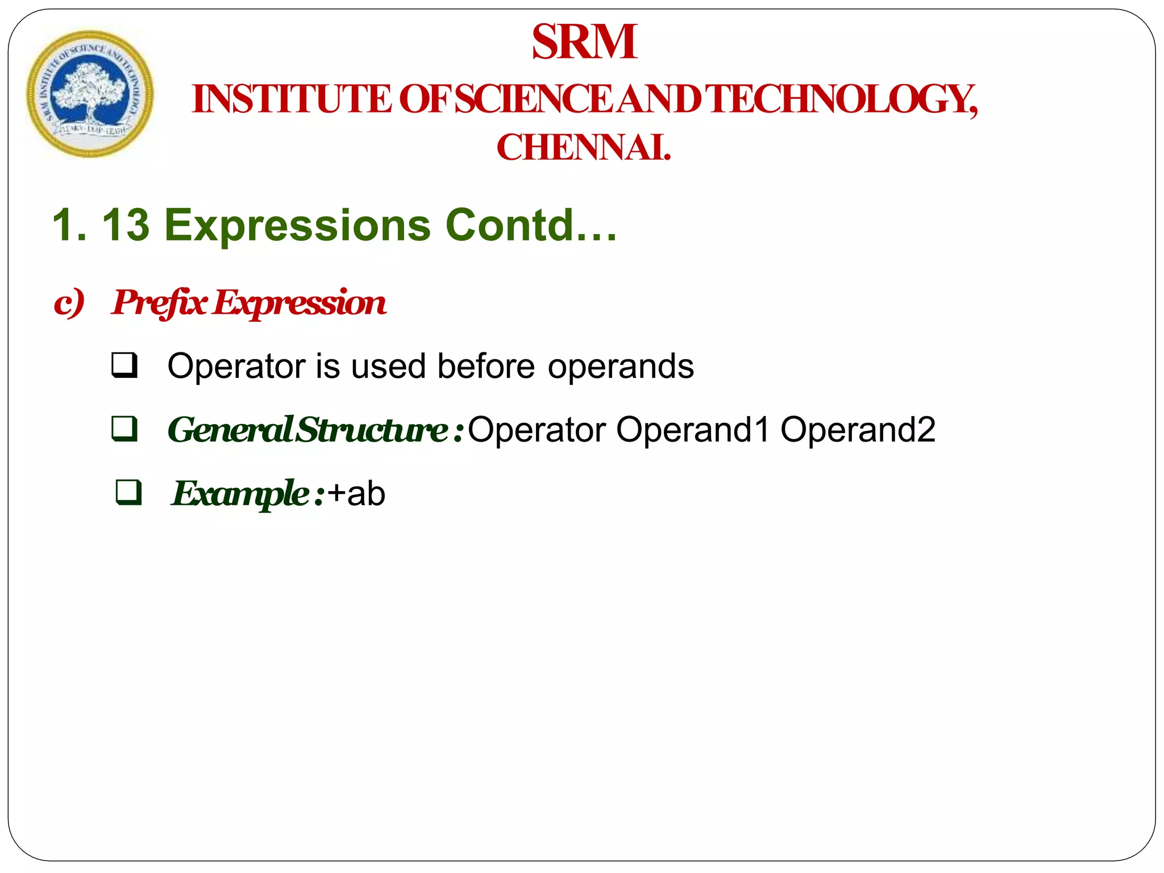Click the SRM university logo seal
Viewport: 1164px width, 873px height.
click(90, 94)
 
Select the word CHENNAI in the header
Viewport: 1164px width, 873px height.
click(583, 147)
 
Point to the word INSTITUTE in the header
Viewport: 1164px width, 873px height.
click(292, 99)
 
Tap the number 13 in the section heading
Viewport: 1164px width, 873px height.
click(126, 225)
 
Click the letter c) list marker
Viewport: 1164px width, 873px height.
click(69, 302)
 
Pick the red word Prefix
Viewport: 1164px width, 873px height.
click(159, 302)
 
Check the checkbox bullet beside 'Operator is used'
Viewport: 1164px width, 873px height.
click(124, 365)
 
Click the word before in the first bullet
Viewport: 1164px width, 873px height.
click(486, 365)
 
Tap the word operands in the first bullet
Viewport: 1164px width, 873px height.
click(621, 365)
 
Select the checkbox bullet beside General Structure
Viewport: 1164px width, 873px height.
click(124, 429)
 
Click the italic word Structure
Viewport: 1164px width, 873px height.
click(373, 429)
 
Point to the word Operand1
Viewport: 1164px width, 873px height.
click(693, 429)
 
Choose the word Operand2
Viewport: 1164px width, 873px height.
click(858, 429)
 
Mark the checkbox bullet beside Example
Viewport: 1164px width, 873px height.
click(128, 493)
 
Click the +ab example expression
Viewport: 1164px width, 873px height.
click(356, 493)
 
